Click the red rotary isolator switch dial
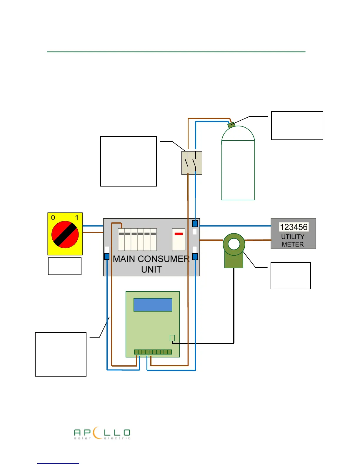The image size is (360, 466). coord(65,234)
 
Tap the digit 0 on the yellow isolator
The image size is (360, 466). coord(53,218)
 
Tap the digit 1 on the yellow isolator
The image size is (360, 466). coord(77,218)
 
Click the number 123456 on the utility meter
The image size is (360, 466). coord(294,227)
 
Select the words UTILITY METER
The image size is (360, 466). coord(293,240)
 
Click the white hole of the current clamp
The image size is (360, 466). coord(234,244)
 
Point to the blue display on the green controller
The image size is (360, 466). coord(153,305)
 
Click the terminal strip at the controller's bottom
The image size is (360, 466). coord(153,352)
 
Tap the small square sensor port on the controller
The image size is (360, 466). coord(172,338)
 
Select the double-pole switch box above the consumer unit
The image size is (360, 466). coord(192,163)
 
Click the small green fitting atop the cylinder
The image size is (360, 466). coord(231,125)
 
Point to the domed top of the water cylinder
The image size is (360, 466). coord(238,134)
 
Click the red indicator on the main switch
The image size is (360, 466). coord(179,234)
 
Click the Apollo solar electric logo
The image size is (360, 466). coord(102,434)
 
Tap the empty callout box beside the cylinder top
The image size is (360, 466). coord(297,125)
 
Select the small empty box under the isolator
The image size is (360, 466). coord(65,266)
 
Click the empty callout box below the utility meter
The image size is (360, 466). coord(291,276)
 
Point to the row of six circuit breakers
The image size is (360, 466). coord(137,239)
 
